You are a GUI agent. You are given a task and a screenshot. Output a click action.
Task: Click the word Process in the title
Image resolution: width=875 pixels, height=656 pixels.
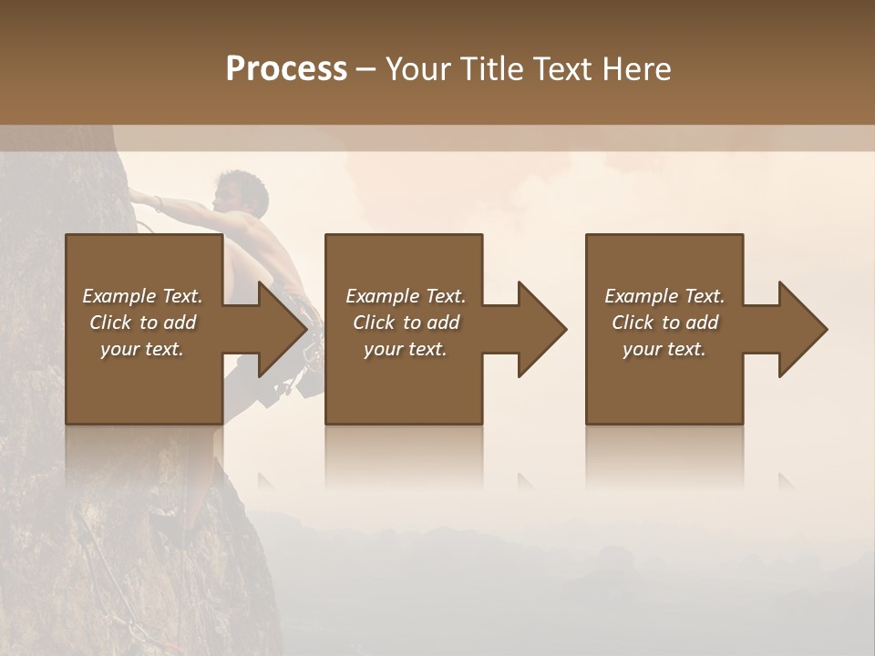click(x=286, y=69)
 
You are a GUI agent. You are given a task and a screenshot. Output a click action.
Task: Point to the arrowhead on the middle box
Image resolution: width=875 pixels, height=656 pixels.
click(x=541, y=329)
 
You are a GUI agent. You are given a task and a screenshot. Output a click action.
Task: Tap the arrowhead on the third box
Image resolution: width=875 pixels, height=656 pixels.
click(x=802, y=329)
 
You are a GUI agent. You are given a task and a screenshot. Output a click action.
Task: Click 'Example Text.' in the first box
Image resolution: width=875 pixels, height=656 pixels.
click(x=142, y=296)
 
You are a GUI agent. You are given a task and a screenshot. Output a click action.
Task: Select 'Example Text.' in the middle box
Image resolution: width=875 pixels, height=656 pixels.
click(x=406, y=296)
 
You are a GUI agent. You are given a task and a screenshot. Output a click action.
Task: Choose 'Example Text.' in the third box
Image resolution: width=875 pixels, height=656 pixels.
click(x=664, y=296)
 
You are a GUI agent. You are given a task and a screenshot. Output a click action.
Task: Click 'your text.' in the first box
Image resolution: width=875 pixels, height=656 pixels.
click(x=142, y=349)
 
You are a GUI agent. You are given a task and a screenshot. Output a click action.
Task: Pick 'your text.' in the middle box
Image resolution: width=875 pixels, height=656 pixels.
click(x=406, y=349)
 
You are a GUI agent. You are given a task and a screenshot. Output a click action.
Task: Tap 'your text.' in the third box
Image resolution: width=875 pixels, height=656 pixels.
click(x=664, y=349)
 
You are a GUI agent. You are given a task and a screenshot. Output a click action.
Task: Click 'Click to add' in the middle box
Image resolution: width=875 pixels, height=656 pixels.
click(x=406, y=323)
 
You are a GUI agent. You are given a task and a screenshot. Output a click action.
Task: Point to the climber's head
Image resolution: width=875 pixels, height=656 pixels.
click(x=239, y=190)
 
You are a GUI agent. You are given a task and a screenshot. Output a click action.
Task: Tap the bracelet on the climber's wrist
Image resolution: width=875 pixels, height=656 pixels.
click(x=159, y=203)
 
